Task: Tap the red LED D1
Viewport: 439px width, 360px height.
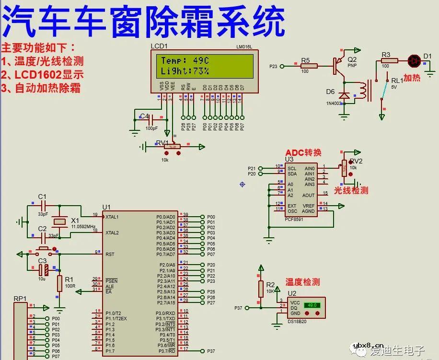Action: [x=414, y=60]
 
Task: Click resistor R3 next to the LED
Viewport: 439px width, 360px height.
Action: [x=389, y=60]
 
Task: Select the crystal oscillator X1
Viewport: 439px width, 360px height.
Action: [x=59, y=221]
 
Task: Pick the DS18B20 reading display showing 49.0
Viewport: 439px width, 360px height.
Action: [x=312, y=305]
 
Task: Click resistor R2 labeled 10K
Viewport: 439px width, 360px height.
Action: [x=261, y=289]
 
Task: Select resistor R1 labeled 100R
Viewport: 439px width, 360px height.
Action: [x=59, y=283]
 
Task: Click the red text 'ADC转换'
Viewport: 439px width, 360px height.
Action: [x=303, y=152]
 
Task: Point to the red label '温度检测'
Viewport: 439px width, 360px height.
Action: [x=302, y=282]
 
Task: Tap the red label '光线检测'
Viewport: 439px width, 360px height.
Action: [x=351, y=190]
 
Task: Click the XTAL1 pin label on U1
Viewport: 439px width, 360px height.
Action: [x=112, y=217]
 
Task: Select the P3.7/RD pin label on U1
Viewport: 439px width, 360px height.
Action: [x=166, y=351]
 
